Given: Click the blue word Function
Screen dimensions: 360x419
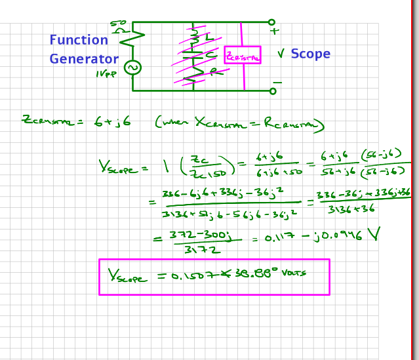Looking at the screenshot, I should pos(79,40).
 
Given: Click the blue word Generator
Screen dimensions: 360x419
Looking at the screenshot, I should pos(84,58).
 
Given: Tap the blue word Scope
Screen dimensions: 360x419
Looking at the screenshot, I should pos(310,54).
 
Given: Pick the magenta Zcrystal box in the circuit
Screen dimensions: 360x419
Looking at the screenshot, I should pos(242,55).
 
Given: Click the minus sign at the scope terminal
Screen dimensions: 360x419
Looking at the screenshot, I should pos(277,83).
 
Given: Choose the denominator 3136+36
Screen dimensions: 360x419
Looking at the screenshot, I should pos(348,209).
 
